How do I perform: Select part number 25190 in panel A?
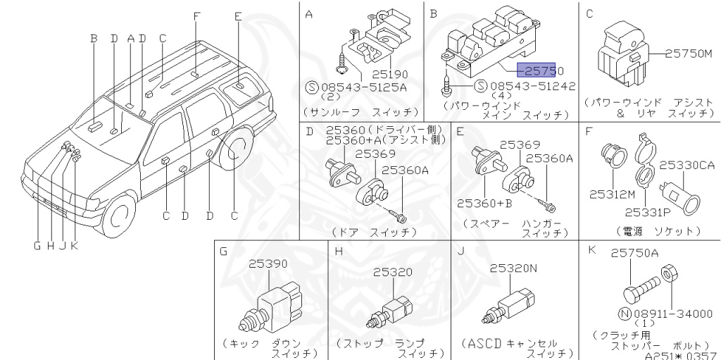[x=390, y=73]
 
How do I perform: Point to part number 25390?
[x=268, y=263]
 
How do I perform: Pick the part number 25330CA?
[x=686, y=166]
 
